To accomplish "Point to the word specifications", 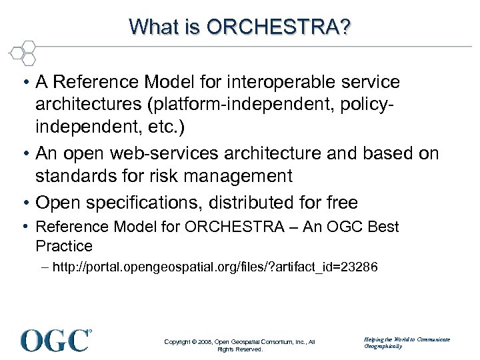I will click(x=140, y=202).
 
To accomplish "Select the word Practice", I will click(x=64, y=246).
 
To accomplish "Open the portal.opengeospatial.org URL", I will click(x=200, y=268).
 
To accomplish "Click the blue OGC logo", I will click(x=56, y=340).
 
